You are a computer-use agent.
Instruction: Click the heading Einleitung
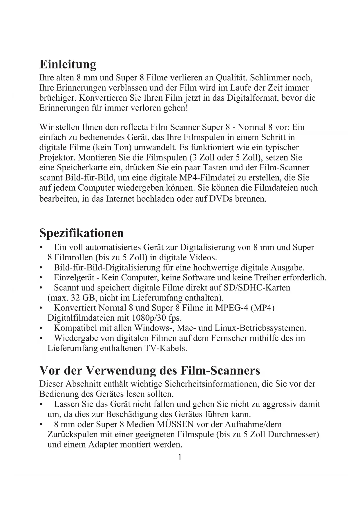tap(68, 64)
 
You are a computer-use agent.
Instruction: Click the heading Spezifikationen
tap(82, 233)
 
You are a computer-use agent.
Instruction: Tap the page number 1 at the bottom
tap(180, 458)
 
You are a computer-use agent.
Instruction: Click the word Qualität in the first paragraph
tap(231, 78)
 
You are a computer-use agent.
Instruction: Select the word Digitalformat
tap(252, 98)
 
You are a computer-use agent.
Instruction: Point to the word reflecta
tap(134, 127)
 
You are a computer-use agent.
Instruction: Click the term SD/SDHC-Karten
tap(257, 288)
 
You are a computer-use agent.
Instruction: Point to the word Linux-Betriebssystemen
tap(260, 328)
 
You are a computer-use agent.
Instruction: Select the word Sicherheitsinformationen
tap(211, 384)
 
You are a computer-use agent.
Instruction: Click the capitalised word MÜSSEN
tap(175, 424)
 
